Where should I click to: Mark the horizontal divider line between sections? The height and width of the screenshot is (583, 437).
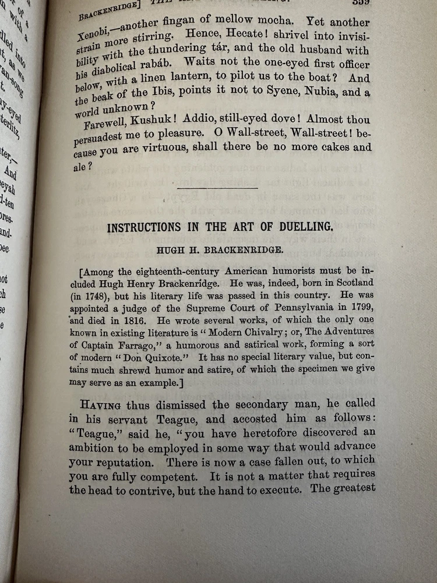(217, 188)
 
